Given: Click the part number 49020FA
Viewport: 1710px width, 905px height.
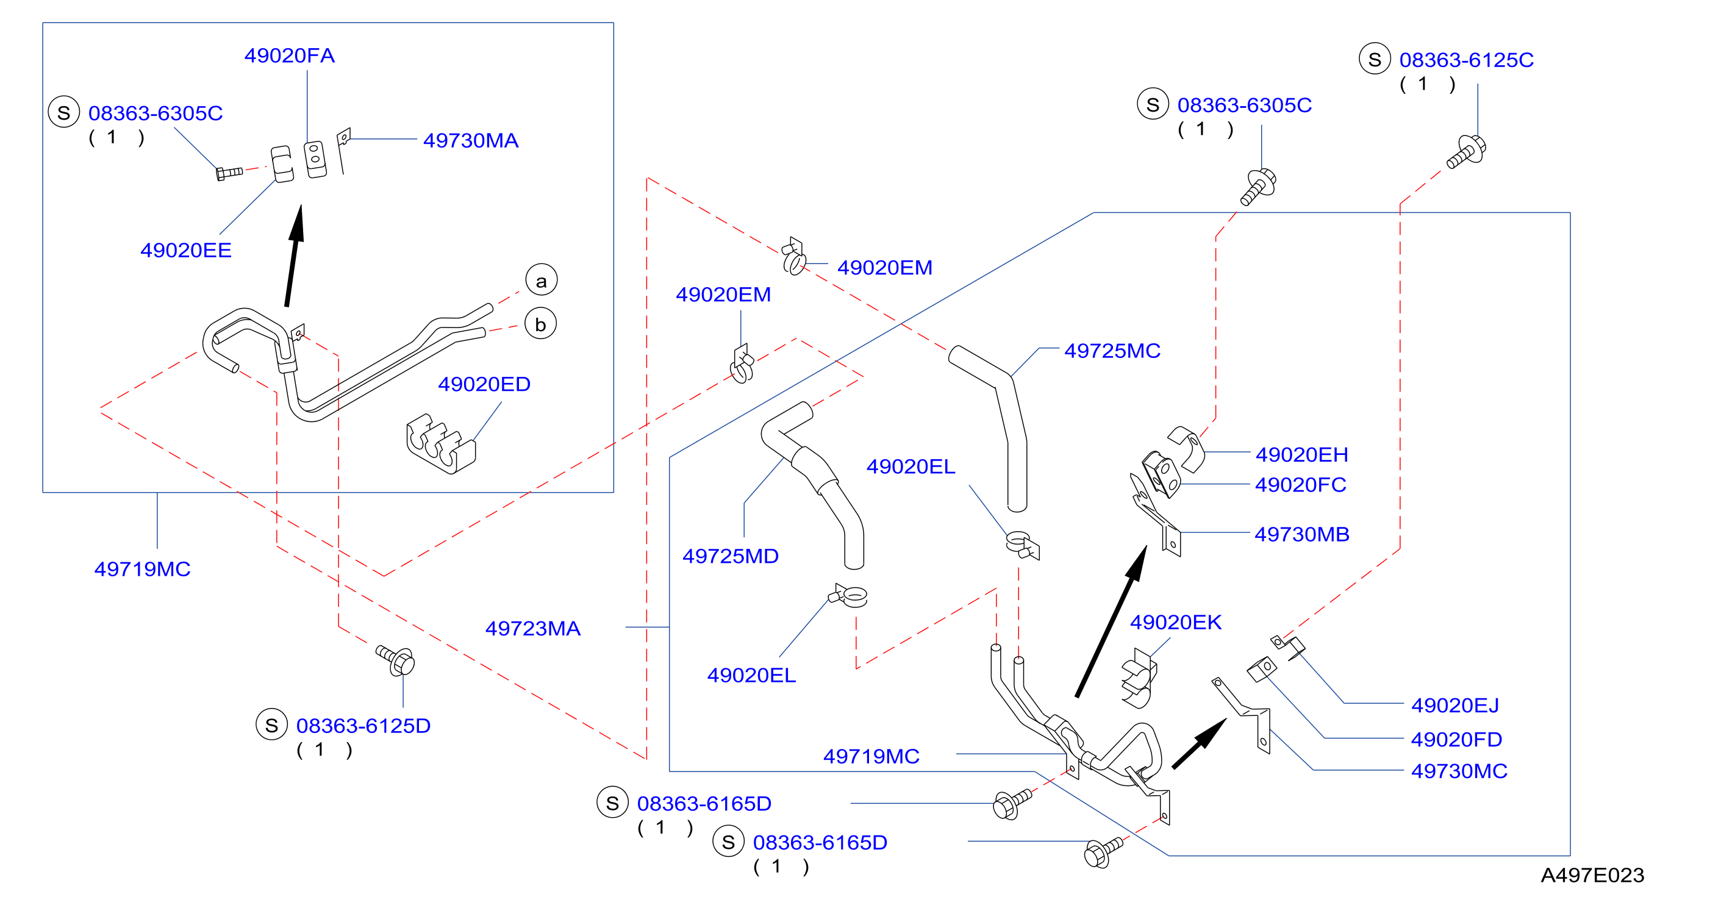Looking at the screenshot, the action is (290, 55).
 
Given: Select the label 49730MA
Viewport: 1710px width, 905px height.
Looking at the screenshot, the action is (471, 141).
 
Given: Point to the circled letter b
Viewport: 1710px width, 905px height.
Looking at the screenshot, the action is (540, 324).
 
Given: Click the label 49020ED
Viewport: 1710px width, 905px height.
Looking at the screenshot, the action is (484, 384).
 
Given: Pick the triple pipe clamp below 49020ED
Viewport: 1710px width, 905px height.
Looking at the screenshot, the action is (441, 444).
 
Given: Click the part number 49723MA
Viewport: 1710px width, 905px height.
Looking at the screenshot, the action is (532, 629).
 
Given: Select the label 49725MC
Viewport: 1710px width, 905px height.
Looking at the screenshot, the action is (1112, 351).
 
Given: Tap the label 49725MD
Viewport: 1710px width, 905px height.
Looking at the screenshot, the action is (730, 556).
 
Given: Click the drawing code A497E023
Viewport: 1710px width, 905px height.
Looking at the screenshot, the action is (1592, 876).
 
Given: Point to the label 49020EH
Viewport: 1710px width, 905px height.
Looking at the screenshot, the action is (1302, 455).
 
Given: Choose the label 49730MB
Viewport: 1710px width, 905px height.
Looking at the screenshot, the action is (1302, 534).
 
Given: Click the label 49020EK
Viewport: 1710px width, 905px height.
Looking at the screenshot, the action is (1176, 623).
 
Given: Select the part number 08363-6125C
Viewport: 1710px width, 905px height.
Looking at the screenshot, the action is (1467, 60).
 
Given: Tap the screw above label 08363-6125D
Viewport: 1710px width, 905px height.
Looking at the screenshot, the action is (396, 660).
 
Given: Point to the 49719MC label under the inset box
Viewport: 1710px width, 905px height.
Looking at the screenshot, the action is (142, 570).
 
